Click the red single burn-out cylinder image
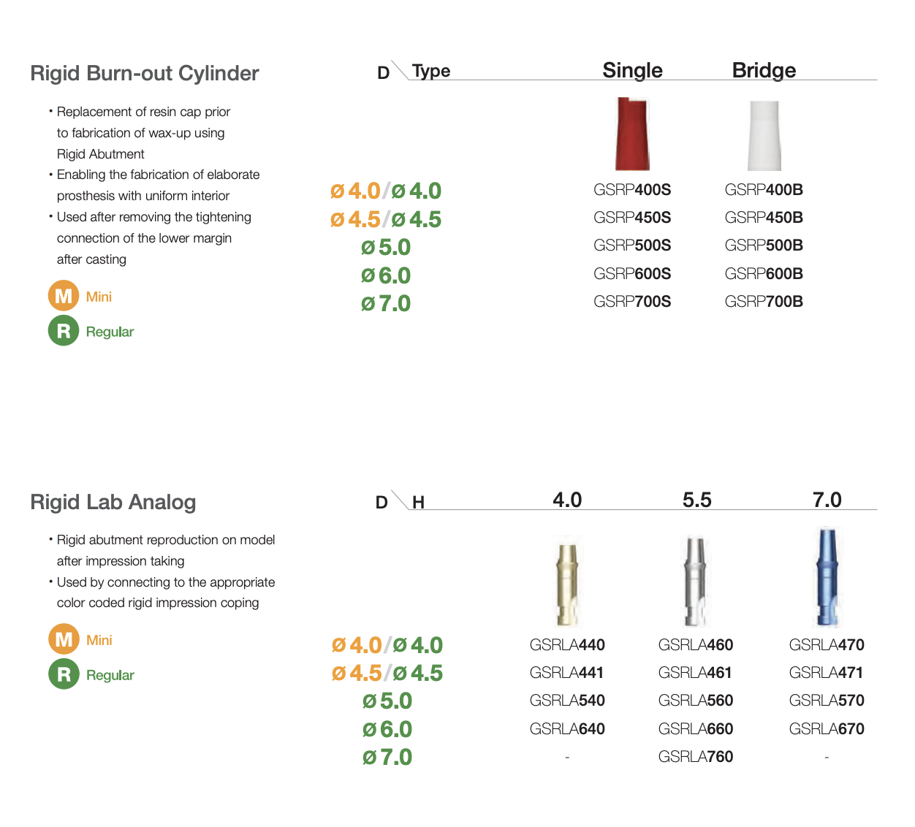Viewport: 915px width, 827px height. click(632, 134)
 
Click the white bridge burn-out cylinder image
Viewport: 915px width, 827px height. click(764, 135)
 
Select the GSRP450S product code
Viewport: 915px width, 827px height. click(632, 218)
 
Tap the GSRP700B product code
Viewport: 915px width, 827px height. click(764, 302)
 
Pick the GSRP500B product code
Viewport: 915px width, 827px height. click(764, 245)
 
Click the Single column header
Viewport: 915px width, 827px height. click(633, 70)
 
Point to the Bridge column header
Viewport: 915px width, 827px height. click(764, 70)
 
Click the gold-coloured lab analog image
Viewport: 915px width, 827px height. click(567, 584)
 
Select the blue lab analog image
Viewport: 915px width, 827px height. click(827, 577)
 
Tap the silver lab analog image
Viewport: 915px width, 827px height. click(696, 582)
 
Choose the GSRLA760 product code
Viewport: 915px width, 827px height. click(696, 757)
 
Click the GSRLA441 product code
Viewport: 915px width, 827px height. click(566, 672)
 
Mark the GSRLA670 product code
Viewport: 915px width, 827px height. click(827, 728)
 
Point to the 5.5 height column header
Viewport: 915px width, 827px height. click(697, 500)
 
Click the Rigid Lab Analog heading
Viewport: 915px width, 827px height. click(113, 502)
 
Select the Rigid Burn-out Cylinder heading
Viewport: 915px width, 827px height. click(145, 73)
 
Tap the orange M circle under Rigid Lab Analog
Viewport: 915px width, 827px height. click(64, 639)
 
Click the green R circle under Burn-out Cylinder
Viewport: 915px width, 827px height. click(64, 330)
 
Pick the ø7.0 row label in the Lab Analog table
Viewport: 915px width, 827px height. click(387, 757)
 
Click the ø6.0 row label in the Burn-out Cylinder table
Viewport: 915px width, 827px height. click(386, 275)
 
